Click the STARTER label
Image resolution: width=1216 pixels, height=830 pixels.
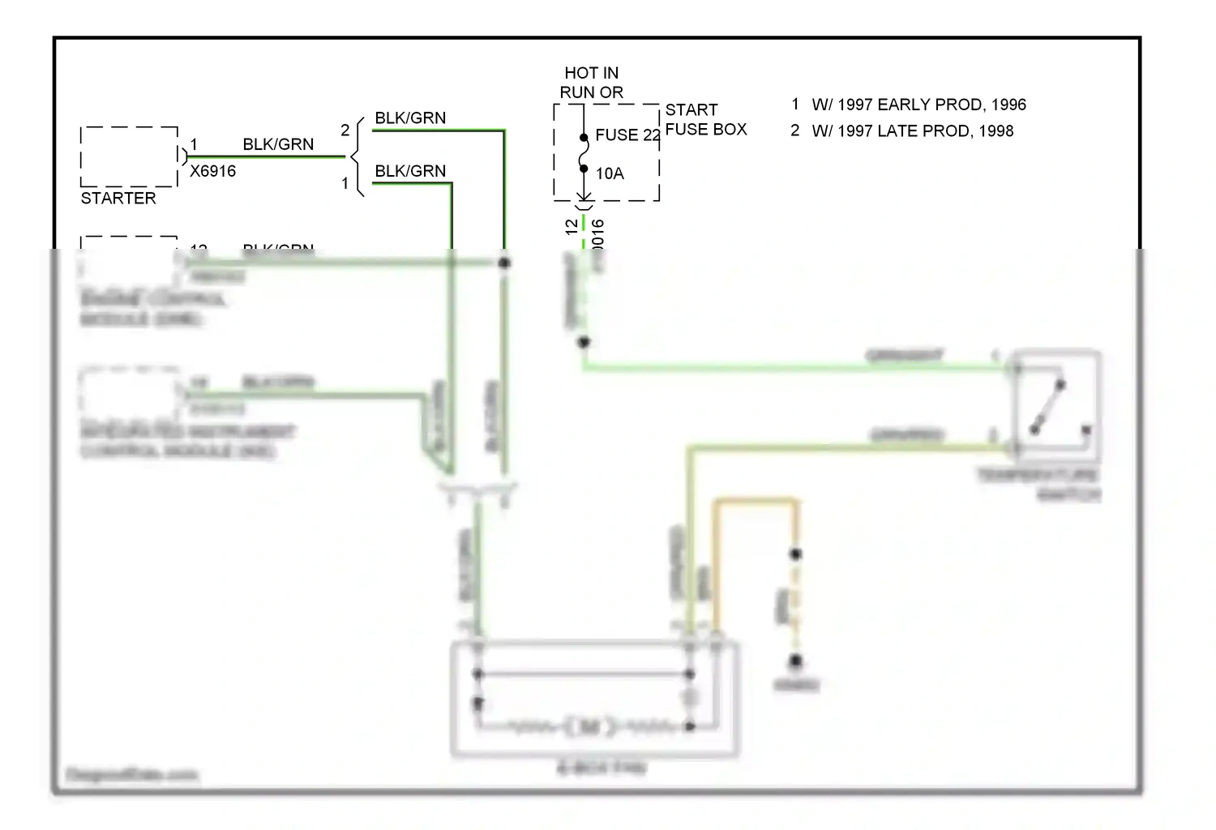118,199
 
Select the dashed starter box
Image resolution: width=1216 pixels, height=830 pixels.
129,156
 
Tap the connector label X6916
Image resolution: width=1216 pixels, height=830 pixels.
212,172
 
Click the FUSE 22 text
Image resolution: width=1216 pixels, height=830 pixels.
627,135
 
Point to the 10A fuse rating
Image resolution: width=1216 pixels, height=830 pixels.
610,173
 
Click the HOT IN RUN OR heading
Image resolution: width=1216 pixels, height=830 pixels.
592,83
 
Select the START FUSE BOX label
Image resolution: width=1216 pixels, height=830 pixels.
705,120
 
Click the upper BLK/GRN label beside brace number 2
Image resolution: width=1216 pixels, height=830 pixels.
410,118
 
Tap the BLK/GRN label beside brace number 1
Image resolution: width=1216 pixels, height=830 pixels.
410,171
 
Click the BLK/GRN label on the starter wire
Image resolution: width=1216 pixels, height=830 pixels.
278,144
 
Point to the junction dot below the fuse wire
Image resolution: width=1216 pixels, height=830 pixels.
583,342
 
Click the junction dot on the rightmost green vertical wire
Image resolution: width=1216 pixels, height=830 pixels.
504,263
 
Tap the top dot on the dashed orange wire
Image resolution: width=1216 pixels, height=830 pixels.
795,554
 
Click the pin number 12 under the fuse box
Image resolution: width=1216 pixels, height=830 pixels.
572,226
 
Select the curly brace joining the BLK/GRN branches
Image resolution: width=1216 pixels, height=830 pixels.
357,156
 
